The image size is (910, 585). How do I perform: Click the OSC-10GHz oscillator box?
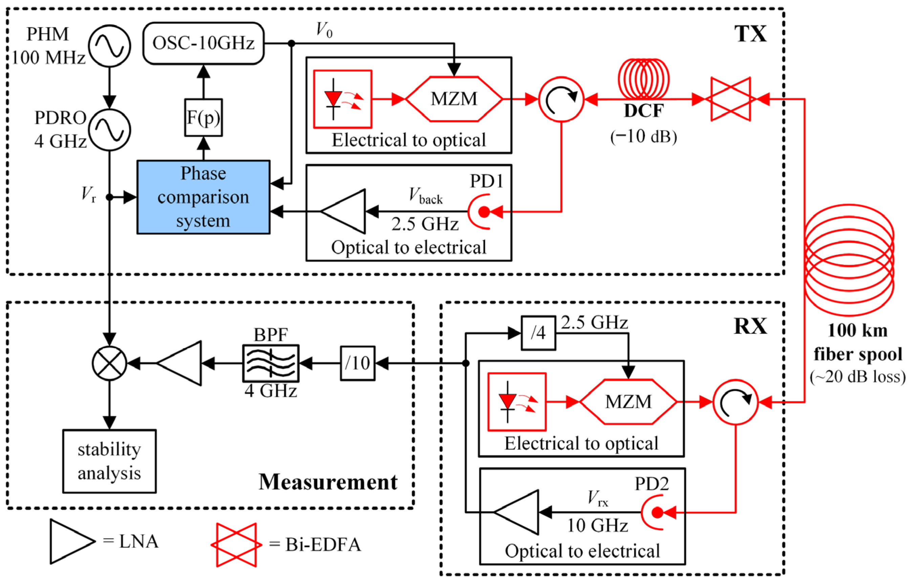click(203, 43)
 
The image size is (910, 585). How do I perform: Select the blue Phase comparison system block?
click(203, 197)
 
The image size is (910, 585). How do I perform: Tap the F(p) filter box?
click(203, 117)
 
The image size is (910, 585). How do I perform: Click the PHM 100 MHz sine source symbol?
click(109, 46)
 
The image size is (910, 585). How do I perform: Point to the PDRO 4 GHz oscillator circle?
click(109, 130)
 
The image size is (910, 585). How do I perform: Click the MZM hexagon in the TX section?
click(454, 99)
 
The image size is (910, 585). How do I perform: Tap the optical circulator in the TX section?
click(561, 100)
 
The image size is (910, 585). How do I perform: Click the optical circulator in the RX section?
click(735, 402)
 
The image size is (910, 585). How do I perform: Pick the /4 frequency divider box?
click(538, 333)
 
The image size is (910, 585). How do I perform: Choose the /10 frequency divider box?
click(357, 363)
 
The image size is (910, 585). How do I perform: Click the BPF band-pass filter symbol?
click(270, 363)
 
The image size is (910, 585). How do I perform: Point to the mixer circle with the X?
click(109, 363)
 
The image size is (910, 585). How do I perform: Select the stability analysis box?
click(109, 461)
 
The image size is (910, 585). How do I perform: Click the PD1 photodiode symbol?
click(481, 212)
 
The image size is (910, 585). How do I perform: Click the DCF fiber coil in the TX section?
click(643, 79)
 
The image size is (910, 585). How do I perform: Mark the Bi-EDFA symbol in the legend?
click(236, 544)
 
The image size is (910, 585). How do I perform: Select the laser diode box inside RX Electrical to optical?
click(517, 402)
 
